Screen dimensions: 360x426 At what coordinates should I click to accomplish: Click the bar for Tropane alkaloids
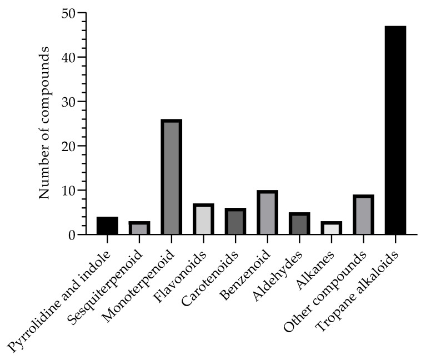pyautogui.click(x=395, y=130)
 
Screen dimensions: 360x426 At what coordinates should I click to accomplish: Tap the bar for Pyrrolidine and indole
pyautogui.click(x=107, y=226)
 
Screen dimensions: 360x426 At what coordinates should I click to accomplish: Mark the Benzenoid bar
pyautogui.click(x=267, y=212)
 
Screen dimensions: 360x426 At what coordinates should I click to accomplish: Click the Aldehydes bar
pyautogui.click(x=299, y=223)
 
